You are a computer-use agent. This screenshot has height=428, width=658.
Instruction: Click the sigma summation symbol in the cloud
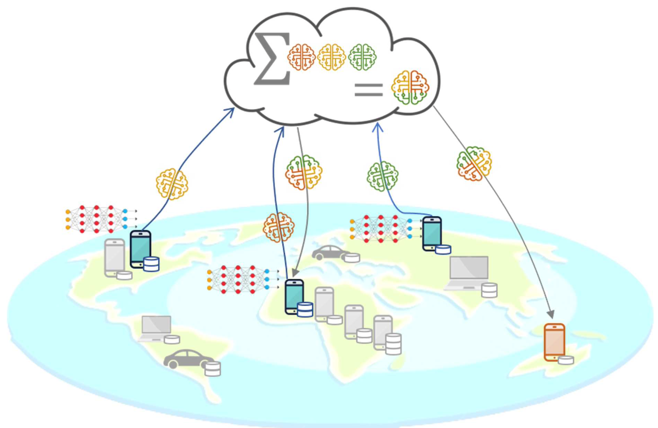[272, 59]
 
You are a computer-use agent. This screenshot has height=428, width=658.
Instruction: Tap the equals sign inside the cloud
[368, 90]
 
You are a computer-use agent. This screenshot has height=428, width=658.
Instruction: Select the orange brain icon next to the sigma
[301, 57]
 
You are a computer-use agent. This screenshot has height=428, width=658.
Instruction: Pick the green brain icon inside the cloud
[362, 57]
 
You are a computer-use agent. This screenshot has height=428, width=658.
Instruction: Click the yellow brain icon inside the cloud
[331, 57]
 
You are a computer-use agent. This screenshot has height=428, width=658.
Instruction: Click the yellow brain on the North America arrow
[172, 184]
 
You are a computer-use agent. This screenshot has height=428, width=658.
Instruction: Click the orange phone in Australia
[555, 342]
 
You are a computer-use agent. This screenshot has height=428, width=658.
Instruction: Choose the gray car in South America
[187, 359]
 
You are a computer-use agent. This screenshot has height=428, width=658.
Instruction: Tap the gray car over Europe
[330, 253]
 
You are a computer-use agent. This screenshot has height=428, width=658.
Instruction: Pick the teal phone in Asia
[432, 234]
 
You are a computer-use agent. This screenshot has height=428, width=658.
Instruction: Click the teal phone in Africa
[294, 296]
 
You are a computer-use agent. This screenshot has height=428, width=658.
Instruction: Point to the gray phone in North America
[114, 257]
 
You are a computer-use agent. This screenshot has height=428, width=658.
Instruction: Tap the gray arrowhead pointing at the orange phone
[551, 315]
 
